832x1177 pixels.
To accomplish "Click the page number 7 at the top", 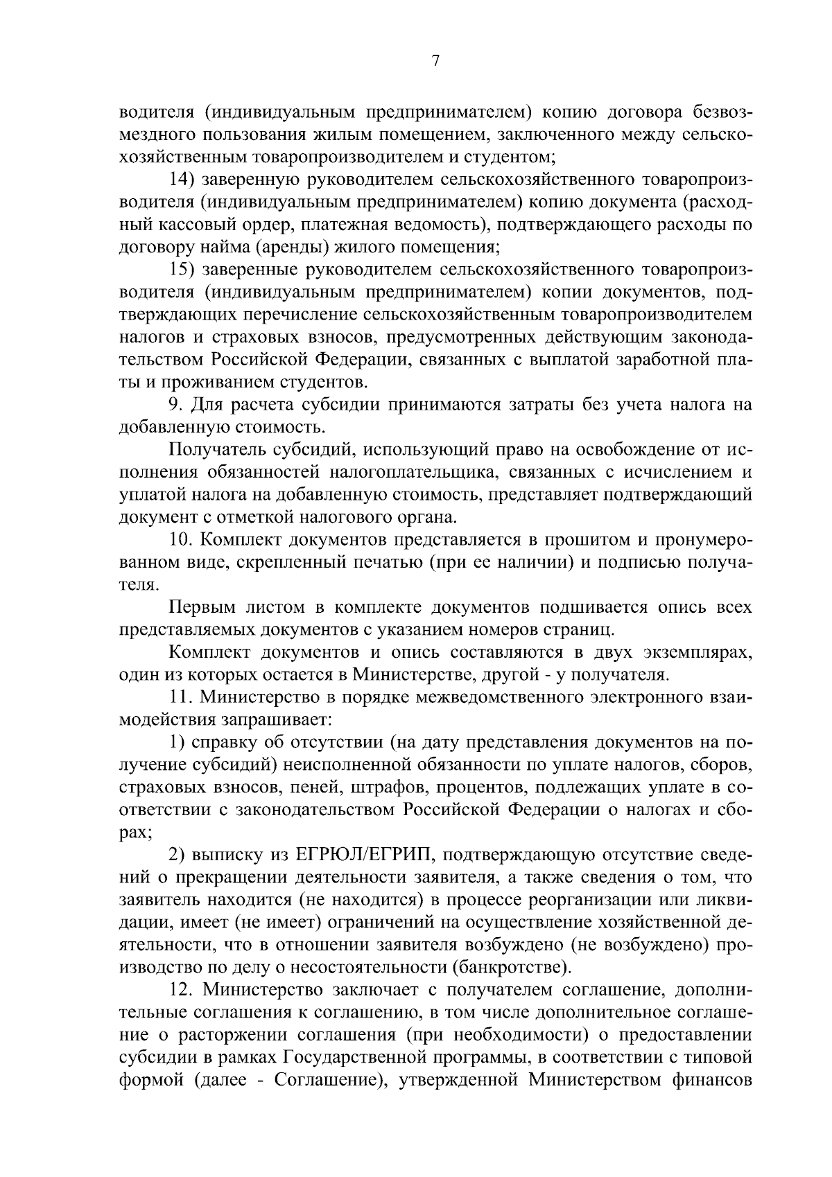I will pyautogui.click(x=435, y=62).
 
